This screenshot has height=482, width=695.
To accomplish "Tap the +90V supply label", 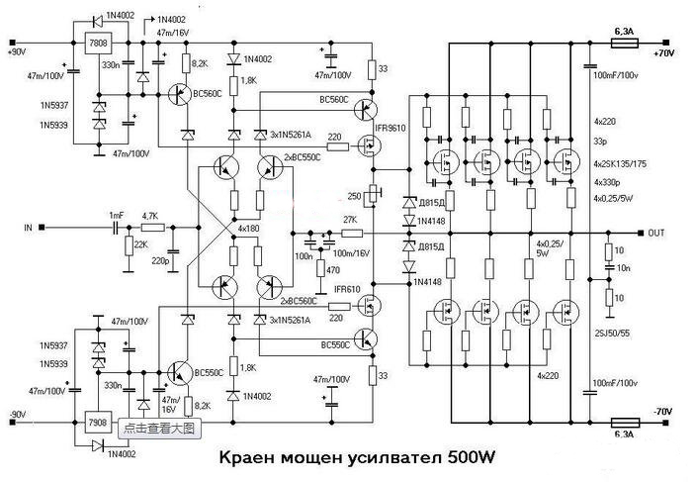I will click(x=18, y=51).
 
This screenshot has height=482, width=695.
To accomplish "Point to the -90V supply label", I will click(x=18, y=413).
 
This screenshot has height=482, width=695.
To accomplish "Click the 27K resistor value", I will click(x=349, y=220).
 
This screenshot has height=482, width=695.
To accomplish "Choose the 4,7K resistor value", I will click(x=150, y=215).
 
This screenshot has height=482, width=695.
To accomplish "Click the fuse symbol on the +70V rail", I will click(x=625, y=44).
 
